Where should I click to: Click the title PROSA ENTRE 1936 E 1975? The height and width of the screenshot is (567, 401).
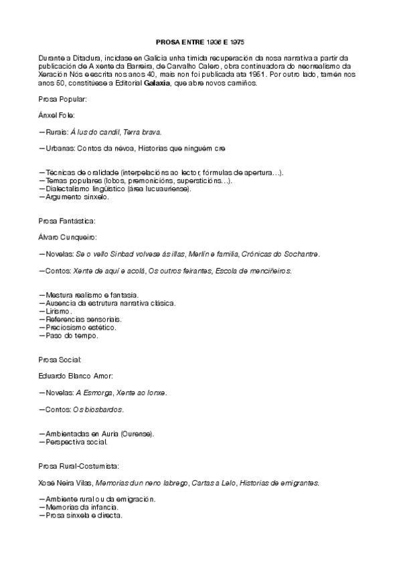199,41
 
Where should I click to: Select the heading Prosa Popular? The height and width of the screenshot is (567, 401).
62,100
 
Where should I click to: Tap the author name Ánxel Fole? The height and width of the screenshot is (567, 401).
57,115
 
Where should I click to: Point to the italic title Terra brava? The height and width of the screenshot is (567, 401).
143,132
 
